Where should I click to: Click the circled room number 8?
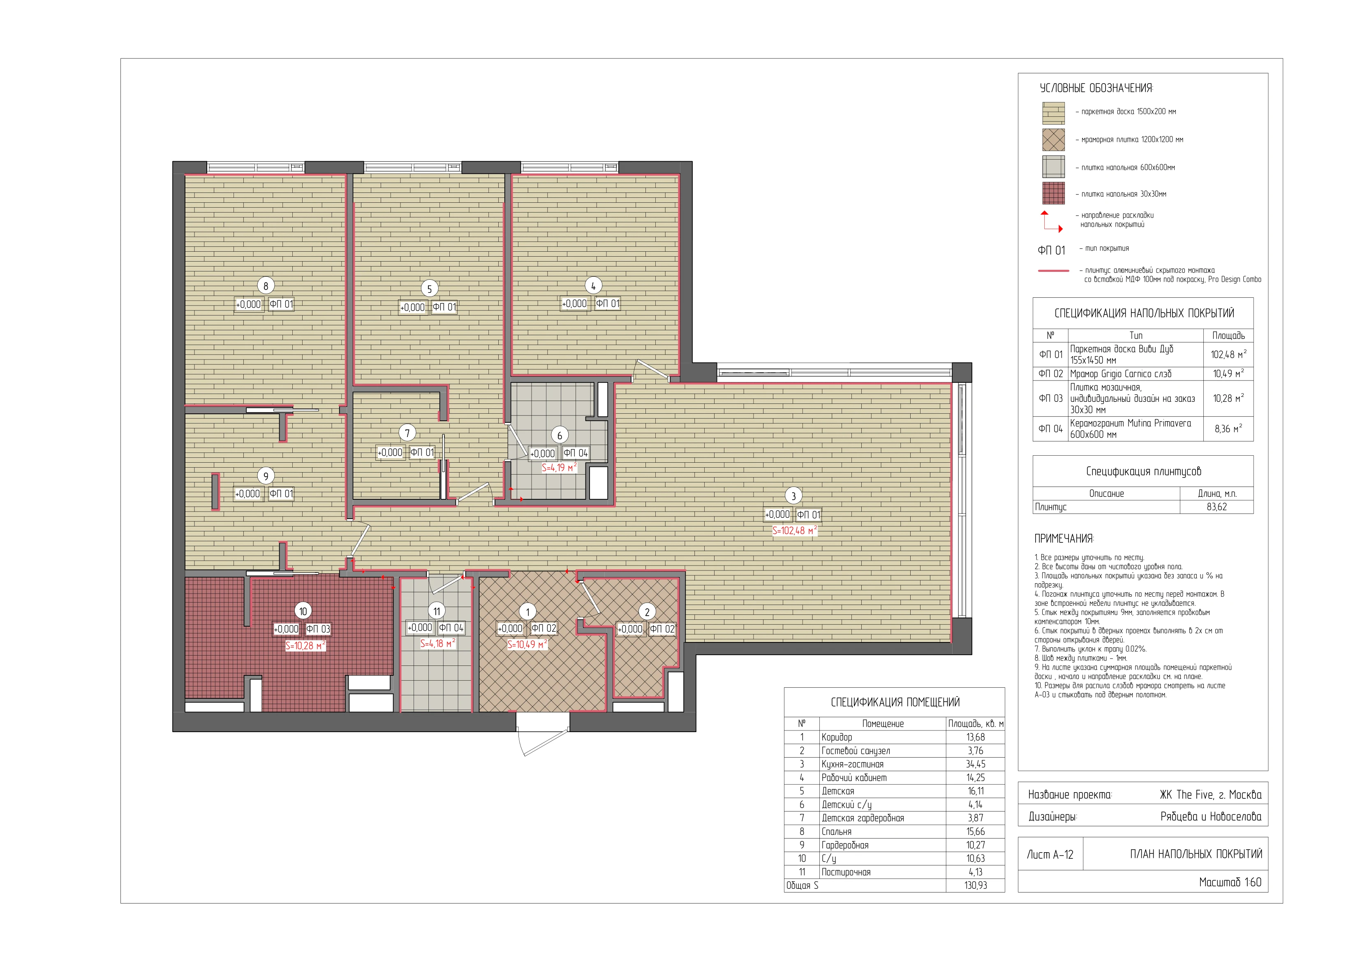[x=265, y=286]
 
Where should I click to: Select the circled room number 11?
[x=437, y=611]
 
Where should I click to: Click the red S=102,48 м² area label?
[x=794, y=531]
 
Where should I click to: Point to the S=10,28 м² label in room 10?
[x=305, y=645]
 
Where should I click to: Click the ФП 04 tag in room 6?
[x=575, y=453]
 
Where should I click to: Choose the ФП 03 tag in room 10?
[x=318, y=629]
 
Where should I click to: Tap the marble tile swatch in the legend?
[x=1053, y=140]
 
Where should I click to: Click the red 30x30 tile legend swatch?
[x=1053, y=194]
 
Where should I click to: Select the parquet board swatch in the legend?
[x=1053, y=113]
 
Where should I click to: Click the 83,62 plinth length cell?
[x=1217, y=507]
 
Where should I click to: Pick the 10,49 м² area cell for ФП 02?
[x=1228, y=373]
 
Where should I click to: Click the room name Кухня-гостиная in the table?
[x=852, y=764]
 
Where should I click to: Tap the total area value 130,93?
[x=976, y=886]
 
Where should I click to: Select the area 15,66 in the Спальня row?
[x=976, y=832]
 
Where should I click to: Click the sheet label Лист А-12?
[x=1050, y=854]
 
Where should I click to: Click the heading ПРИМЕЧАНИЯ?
[x=1064, y=539]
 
